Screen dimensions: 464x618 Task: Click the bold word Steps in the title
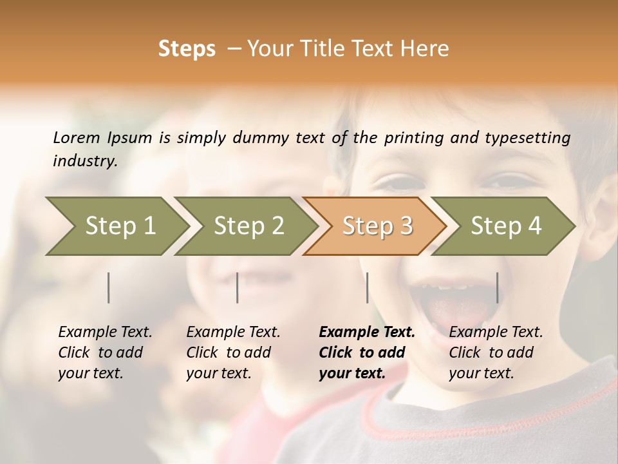(187, 49)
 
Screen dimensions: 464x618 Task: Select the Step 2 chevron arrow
(248, 226)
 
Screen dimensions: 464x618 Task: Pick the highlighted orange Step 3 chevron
(377, 226)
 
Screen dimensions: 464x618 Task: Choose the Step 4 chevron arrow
(505, 226)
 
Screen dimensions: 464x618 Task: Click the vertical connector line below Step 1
(109, 287)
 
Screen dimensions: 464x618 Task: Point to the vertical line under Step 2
(238, 287)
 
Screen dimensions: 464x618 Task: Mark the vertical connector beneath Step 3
(367, 287)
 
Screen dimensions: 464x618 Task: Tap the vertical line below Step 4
(497, 287)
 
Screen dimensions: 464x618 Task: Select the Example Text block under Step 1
(105, 353)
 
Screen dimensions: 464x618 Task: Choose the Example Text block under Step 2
(233, 353)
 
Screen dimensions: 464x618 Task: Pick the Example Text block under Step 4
(496, 353)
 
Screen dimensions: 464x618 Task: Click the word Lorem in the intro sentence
(76, 137)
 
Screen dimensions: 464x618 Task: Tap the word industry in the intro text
(84, 161)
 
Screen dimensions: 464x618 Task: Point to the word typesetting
(527, 138)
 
